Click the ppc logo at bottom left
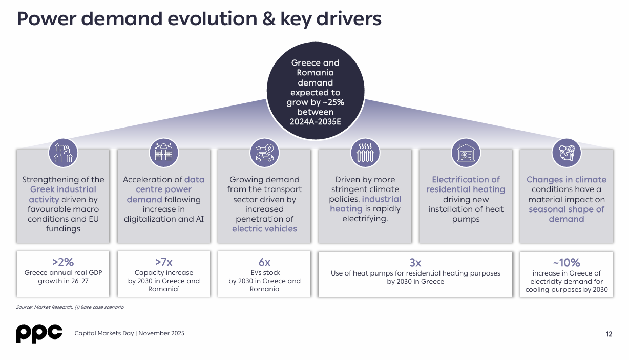pyautogui.click(x=39, y=333)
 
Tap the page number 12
pyautogui.click(x=609, y=334)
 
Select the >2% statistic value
pyautogui.click(x=63, y=263)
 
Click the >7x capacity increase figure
pyautogui.click(x=164, y=263)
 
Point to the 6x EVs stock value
pyautogui.click(x=264, y=263)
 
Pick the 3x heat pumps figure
pyautogui.click(x=415, y=263)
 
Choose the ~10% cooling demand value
pyautogui.click(x=566, y=263)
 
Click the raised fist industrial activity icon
pyautogui.click(x=63, y=152)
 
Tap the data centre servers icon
pyautogui.click(x=164, y=152)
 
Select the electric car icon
pyautogui.click(x=264, y=152)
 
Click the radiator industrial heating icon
pyautogui.click(x=365, y=152)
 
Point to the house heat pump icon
pyautogui.click(x=466, y=152)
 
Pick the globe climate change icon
pyautogui.click(x=566, y=152)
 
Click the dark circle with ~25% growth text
pyautogui.click(x=315, y=92)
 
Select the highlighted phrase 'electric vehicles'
pyautogui.click(x=264, y=229)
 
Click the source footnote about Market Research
pyautogui.click(x=70, y=307)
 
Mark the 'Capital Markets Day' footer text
pyautogui.click(x=104, y=334)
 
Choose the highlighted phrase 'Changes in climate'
pyautogui.click(x=566, y=180)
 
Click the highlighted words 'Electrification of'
pyautogui.click(x=466, y=180)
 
